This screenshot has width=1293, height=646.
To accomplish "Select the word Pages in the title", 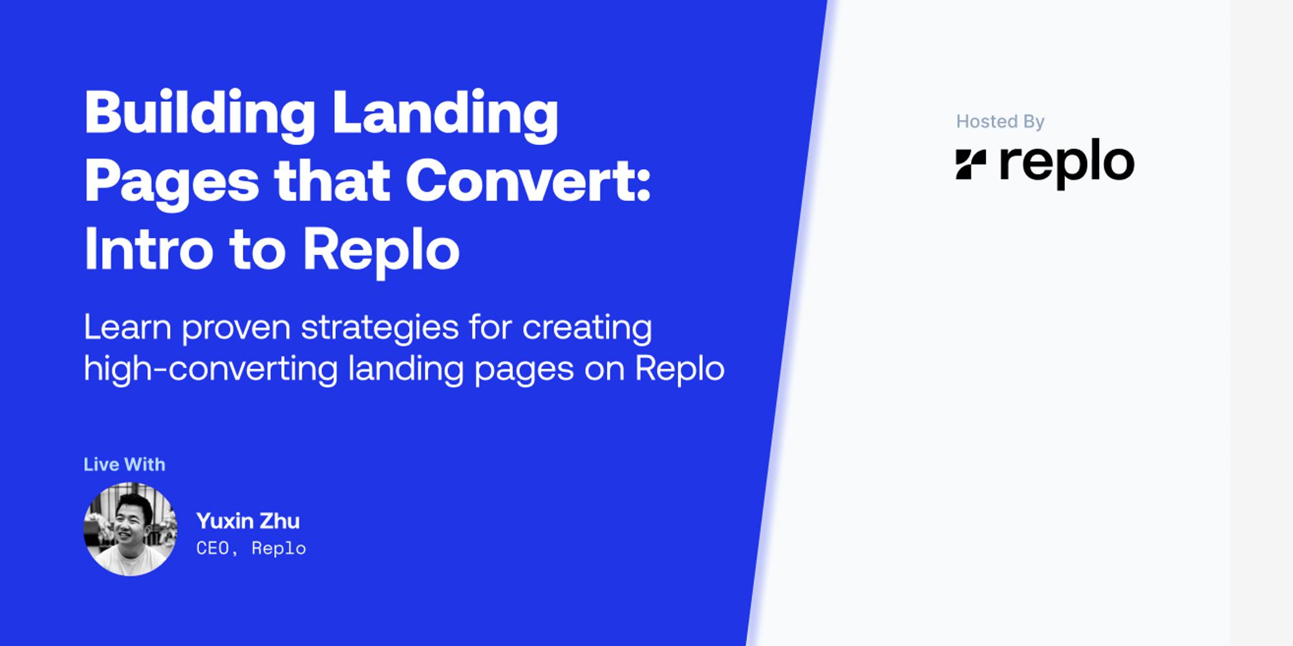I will coord(171,183).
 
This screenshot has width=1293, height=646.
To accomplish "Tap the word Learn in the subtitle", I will coord(127,328).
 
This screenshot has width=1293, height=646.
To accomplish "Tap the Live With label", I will coord(124,464).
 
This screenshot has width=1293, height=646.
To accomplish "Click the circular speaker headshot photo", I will coord(130,529).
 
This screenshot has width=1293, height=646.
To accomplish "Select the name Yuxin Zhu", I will coord(248,521).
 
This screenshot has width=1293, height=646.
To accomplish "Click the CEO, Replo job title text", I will coord(251,548).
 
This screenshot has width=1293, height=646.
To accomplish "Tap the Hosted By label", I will coord(1000,121).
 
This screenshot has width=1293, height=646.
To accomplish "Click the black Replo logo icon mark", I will coord(970,164).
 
